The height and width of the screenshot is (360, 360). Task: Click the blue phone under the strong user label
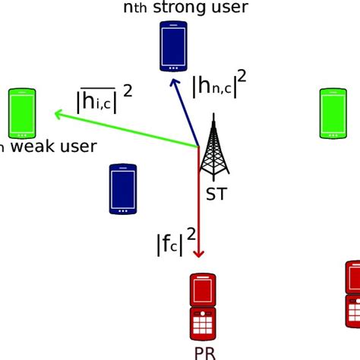[173, 46]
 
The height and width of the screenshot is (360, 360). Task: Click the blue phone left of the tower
[122, 188]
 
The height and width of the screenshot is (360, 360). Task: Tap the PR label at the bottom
[204, 352]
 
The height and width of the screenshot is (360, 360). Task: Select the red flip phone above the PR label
[205, 307]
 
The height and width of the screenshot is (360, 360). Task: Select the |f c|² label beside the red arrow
[175, 242]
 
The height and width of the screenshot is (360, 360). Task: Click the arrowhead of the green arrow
[57, 115]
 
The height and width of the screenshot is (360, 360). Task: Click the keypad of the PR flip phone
[205, 324]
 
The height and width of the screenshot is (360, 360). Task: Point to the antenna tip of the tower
[213, 116]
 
